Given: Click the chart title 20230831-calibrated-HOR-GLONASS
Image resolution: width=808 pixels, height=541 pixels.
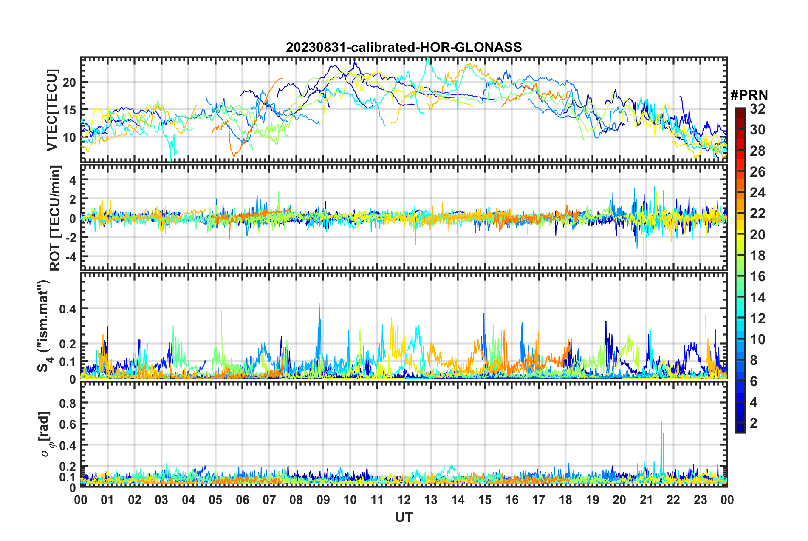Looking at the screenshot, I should click(x=404, y=47).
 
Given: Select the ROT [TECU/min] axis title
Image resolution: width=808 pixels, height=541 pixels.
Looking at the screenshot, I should click(x=55, y=218).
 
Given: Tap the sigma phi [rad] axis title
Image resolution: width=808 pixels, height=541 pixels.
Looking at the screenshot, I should click(x=46, y=434).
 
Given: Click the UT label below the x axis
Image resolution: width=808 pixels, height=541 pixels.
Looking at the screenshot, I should click(x=404, y=517).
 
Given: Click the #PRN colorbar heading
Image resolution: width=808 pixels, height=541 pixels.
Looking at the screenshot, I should click(x=749, y=95).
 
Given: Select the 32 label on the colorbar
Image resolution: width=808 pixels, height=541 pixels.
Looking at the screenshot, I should click(x=757, y=109).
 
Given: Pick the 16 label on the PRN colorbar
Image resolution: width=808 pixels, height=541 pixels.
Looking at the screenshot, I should click(x=757, y=276).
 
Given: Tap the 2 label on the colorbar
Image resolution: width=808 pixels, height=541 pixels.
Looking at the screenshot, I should click(x=754, y=423).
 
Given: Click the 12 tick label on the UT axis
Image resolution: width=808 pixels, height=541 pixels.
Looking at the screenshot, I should click(x=404, y=500).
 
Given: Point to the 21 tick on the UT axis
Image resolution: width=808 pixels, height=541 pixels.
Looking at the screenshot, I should click(x=646, y=500).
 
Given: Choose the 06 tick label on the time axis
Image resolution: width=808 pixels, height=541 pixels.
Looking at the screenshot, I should click(x=242, y=500).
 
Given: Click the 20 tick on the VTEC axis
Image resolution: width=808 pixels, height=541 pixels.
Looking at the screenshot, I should click(x=69, y=83).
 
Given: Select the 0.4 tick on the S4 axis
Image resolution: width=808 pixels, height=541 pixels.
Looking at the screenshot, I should click(x=68, y=309).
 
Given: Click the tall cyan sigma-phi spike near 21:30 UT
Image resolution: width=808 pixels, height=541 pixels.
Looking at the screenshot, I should click(x=661, y=422).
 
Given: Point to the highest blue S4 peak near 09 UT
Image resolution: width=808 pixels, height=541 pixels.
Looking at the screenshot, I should click(x=319, y=305).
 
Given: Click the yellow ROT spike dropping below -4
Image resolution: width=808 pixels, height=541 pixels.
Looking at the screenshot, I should click(x=643, y=262).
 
